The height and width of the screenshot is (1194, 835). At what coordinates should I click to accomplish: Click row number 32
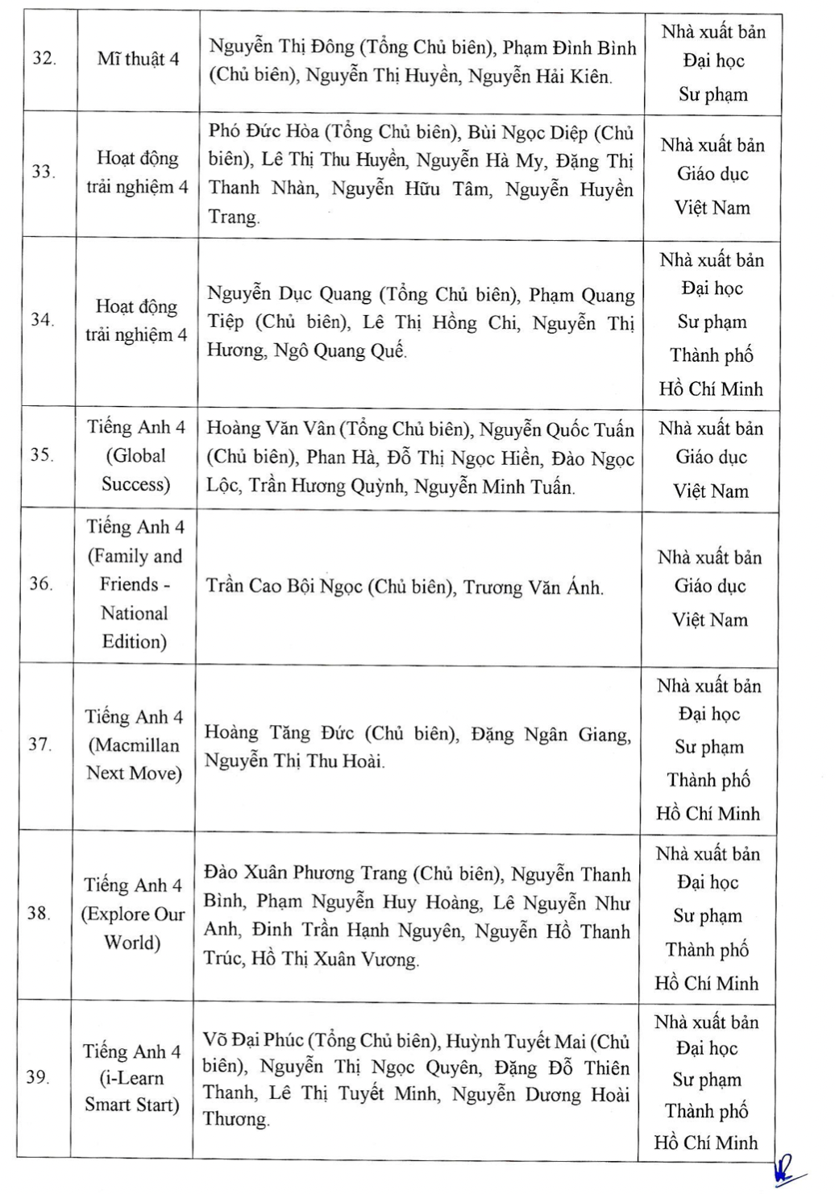tap(44, 59)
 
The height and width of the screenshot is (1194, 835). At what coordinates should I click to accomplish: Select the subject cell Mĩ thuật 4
tap(138, 59)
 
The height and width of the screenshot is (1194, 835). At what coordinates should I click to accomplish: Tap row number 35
tap(42, 454)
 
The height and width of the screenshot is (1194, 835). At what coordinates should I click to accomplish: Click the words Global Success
tap(136, 470)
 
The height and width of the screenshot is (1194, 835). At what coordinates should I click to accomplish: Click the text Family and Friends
tap(134, 570)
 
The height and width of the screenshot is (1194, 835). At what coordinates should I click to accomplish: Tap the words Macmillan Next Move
tap(134, 759)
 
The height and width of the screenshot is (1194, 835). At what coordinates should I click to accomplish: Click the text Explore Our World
tap(133, 928)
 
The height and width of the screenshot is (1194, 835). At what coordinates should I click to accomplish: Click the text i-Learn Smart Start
tap(132, 1091)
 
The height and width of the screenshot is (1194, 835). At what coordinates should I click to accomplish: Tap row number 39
tap(38, 1077)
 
